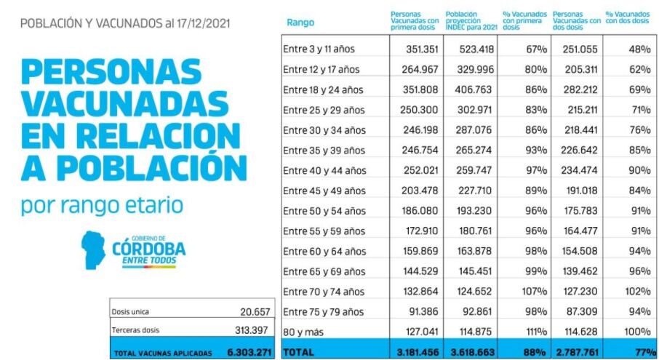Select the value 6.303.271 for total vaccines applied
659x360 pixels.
coord(249,353)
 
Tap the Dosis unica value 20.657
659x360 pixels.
coord(255,312)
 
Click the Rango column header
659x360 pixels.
coord(300,23)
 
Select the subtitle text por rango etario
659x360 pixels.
coord(101,205)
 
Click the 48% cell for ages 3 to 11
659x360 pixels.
coord(639,49)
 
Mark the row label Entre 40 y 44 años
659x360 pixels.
coord(324,171)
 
